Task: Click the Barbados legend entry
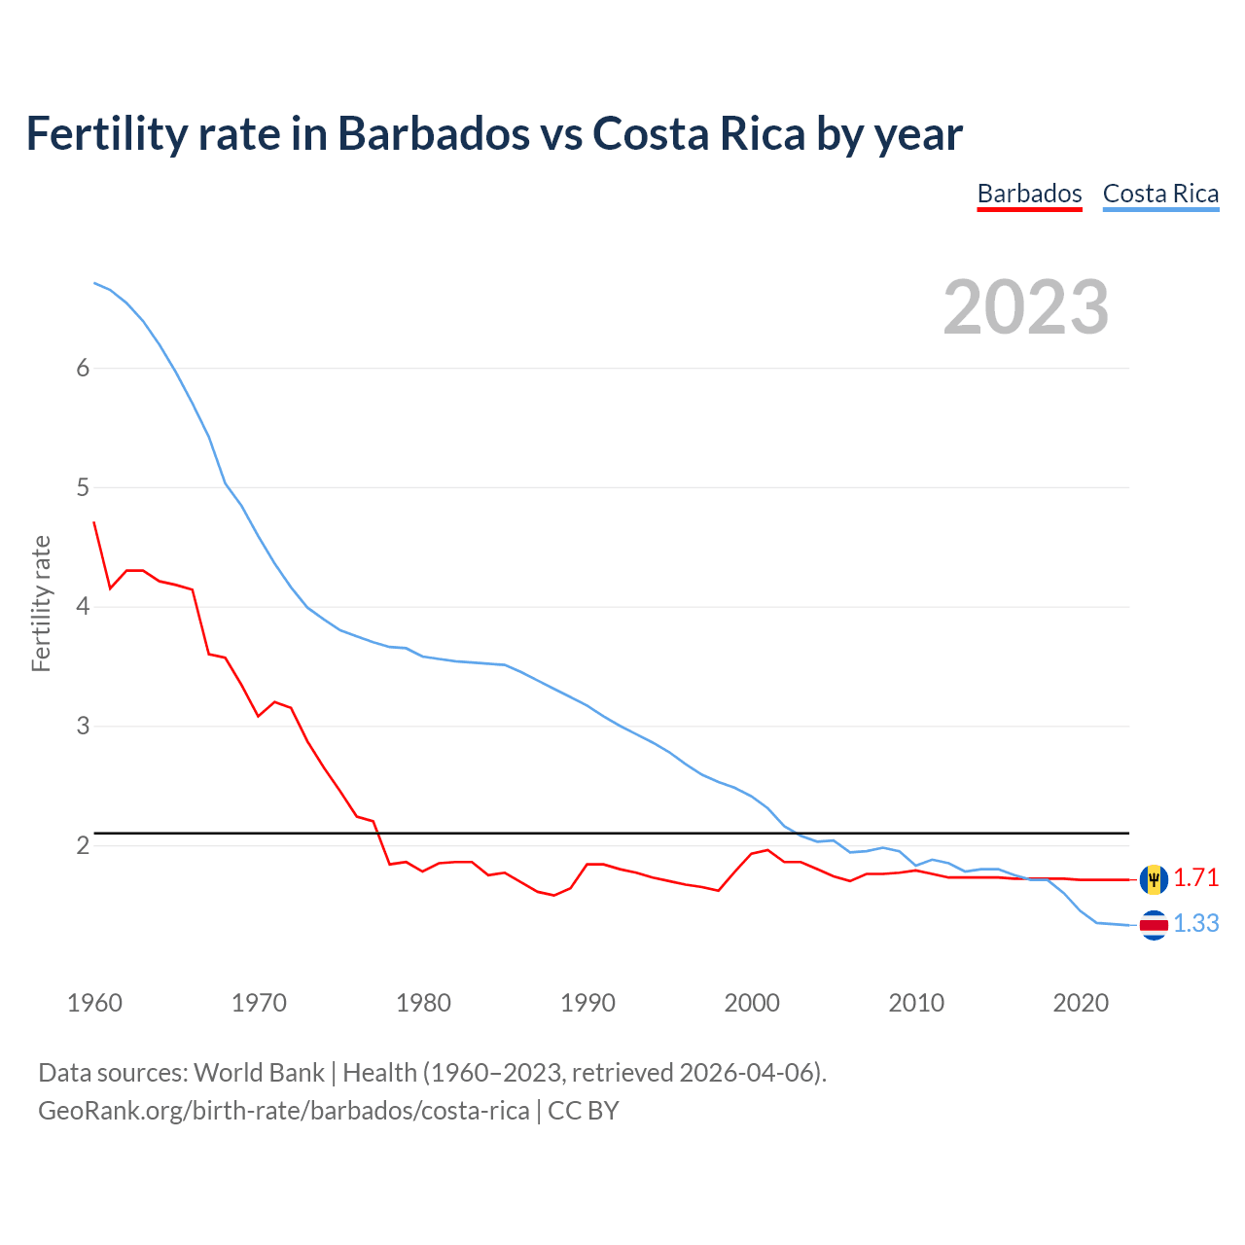tap(1029, 194)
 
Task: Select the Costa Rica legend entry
tap(1160, 194)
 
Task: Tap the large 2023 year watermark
tap(1026, 307)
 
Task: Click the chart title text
tap(494, 133)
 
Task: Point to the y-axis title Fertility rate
tap(41, 603)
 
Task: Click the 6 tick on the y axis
tap(83, 368)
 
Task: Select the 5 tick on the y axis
tap(83, 487)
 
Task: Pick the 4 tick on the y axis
tap(83, 607)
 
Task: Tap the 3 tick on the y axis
tap(83, 726)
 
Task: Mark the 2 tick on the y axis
tap(83, 845)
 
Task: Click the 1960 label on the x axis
tap(94, 1003)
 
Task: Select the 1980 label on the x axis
tap(423, 1003)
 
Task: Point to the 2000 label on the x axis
tap(752, 1003)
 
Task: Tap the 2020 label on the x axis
tap(1081, 1003)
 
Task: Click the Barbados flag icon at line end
tap(1154, 879)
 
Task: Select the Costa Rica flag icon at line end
tap(1154, 925)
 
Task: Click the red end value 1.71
tap(1195, 877)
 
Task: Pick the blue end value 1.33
tap(1195, 923)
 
